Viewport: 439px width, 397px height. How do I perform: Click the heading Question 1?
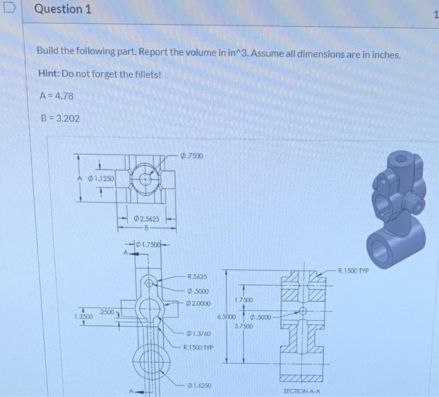tap(58, 10)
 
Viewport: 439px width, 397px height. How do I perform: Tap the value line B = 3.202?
tap(59, 118)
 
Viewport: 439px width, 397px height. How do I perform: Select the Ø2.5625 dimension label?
tap(146, 219)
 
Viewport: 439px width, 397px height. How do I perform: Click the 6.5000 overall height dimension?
tap(226, 317)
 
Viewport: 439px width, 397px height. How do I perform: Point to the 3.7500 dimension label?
tap(244, 326)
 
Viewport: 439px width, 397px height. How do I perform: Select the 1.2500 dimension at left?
tap(84, 317)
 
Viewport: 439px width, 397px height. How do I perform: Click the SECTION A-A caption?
tap(302, 390)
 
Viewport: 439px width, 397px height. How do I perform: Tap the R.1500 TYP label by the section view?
tap(355, 271)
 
